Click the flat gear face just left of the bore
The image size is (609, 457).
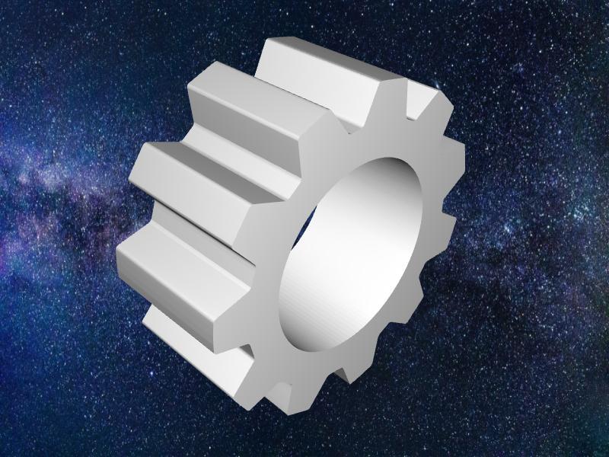(x=270, y=259)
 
